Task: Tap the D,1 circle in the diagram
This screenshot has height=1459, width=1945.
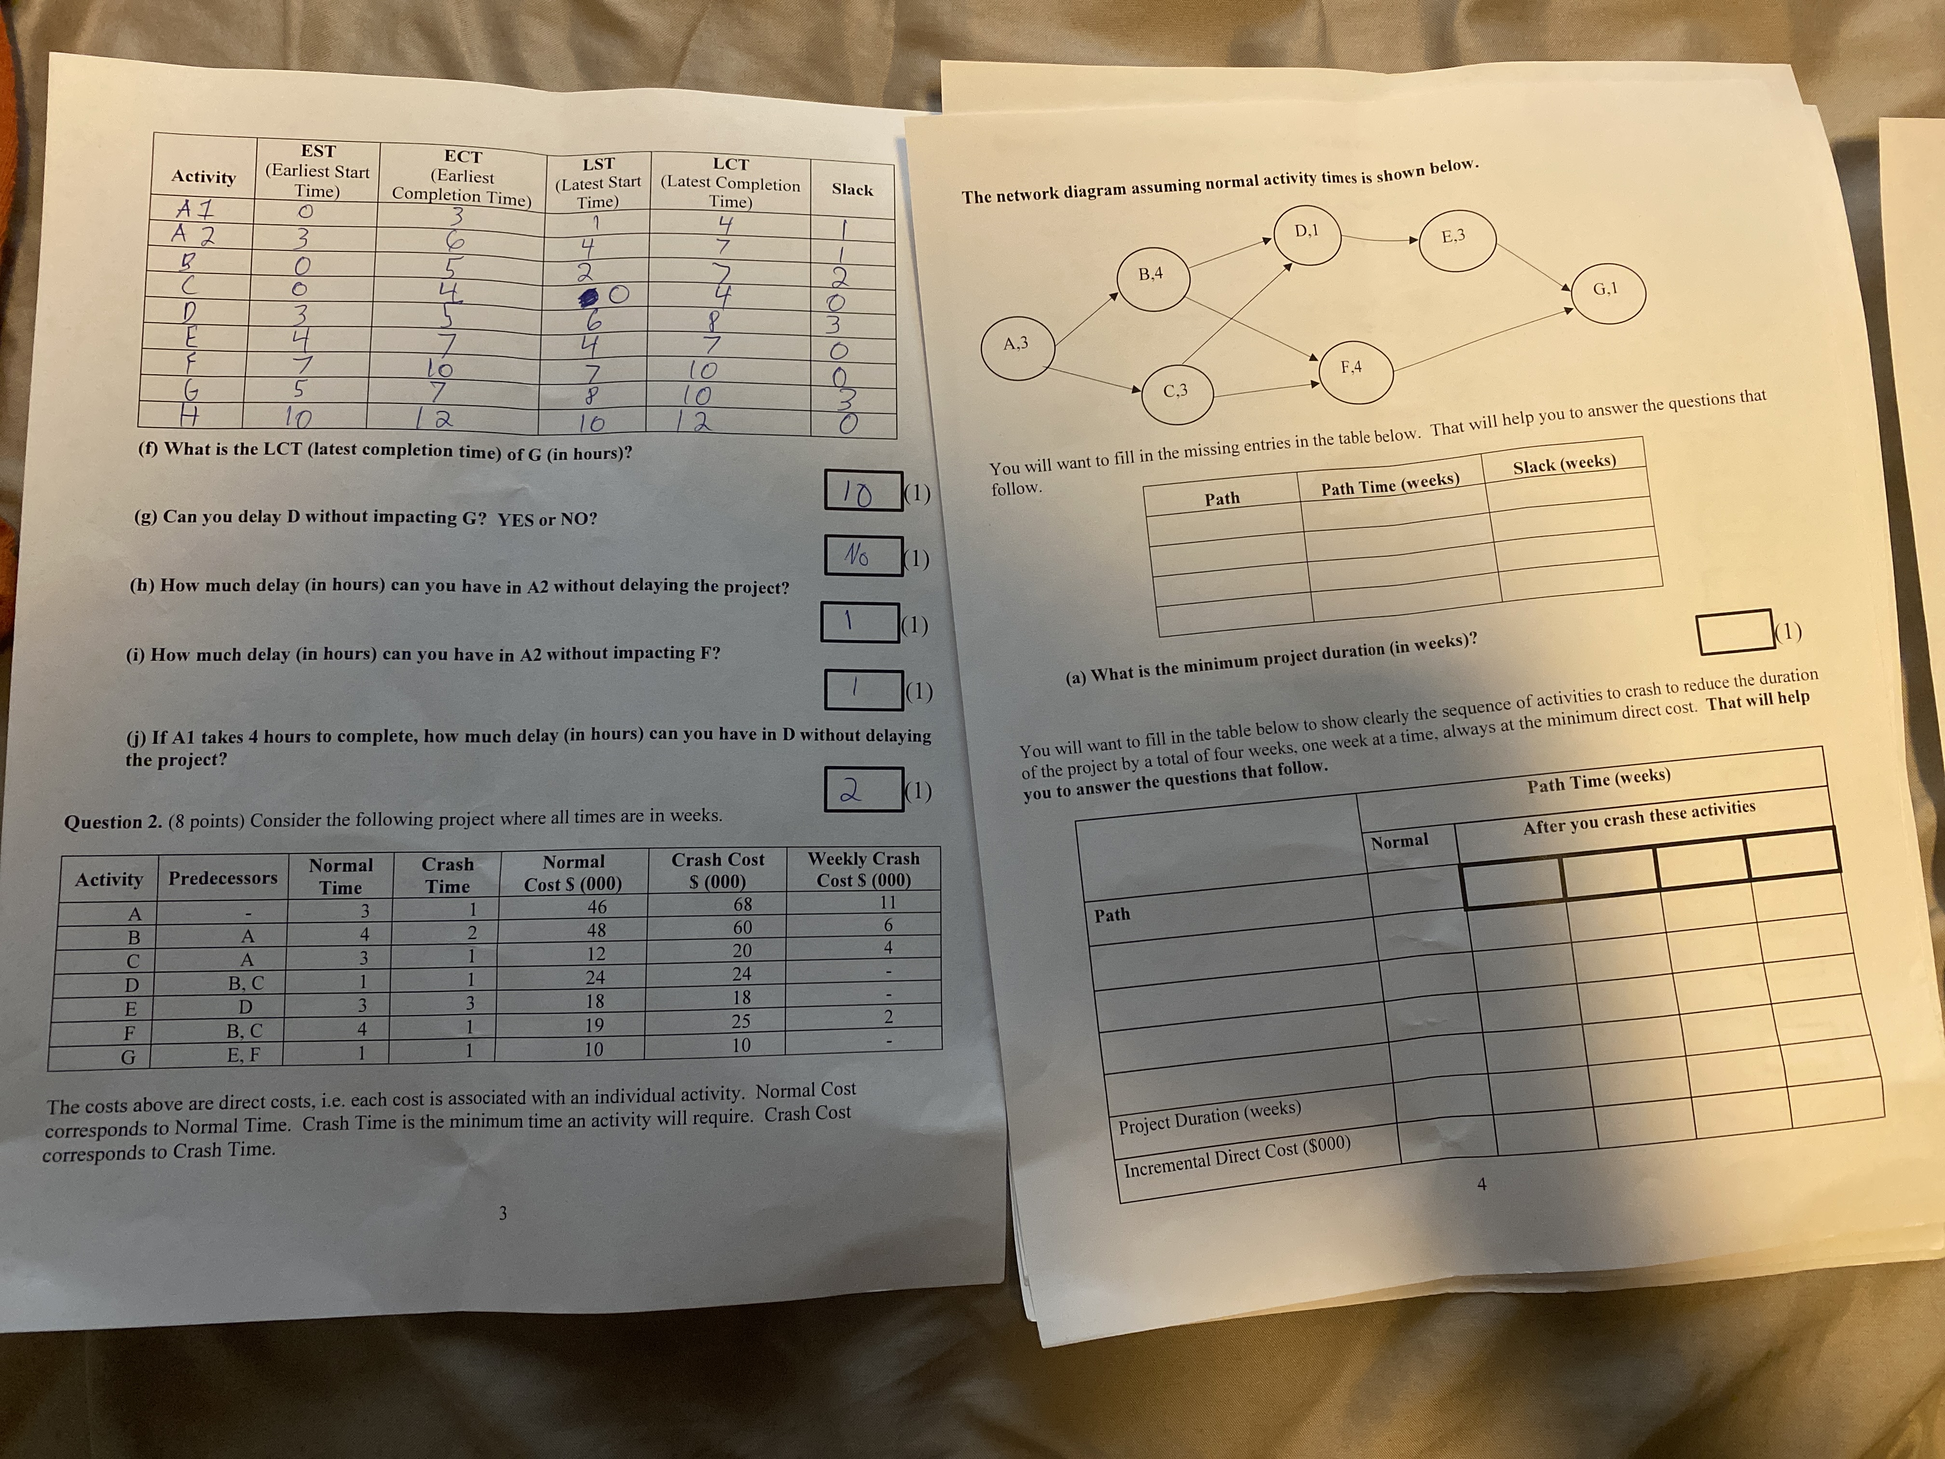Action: point(1307,232)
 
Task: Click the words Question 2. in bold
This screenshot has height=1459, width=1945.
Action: point(112,822)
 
